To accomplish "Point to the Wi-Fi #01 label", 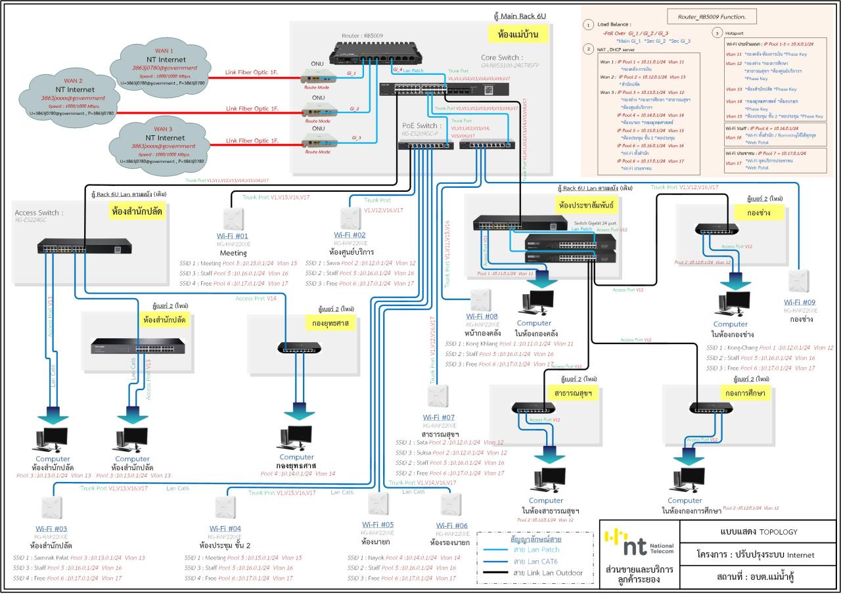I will tap(233, 234).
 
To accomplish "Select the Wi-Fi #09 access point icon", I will tap(800, 280).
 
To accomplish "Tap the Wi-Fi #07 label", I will tap(438, 417).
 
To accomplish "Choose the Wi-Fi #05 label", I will tap(378, 524).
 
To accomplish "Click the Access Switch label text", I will tap(39, 213).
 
